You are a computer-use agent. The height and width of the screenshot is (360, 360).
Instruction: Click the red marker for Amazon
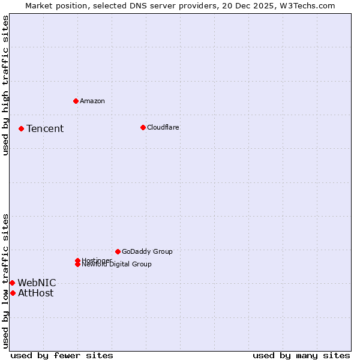[x=76, y=101]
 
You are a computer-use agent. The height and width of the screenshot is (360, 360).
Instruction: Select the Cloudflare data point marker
[x=143, y=127]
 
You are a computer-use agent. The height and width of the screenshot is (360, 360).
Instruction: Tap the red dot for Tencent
[x=21, y=128]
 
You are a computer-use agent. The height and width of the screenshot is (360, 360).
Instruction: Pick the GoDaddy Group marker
[x=118, y=251]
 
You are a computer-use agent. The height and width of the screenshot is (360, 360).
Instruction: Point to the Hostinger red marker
[x=77, y=260]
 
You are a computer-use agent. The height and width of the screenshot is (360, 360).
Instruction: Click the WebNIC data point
[x=12, y=283]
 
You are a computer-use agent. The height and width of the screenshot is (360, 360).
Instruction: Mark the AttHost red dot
[x=13, y=293]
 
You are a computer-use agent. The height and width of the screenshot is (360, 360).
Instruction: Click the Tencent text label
[x=45, y=128]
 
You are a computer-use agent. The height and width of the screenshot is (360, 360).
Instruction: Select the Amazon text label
[x=92, y=101]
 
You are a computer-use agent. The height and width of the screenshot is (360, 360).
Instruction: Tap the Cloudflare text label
[x=163, y=127]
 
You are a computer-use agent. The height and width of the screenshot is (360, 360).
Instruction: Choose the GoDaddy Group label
[x=147, y=251]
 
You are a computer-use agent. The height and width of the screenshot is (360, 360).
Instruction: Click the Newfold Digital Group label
[x=117, y=265]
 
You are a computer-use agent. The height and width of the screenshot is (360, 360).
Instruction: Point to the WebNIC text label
[x=37, y=283]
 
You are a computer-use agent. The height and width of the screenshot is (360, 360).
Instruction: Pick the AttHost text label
[x=35, y=293]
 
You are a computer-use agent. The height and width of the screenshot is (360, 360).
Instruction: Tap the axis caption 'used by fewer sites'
[x=62, y=355]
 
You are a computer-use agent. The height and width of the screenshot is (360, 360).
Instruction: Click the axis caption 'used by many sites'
[x=301, y=355]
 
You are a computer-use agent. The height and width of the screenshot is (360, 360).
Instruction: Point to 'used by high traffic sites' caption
[x=5, y=85]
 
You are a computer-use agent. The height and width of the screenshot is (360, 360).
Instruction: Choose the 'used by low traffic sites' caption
[x=5, y=281]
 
